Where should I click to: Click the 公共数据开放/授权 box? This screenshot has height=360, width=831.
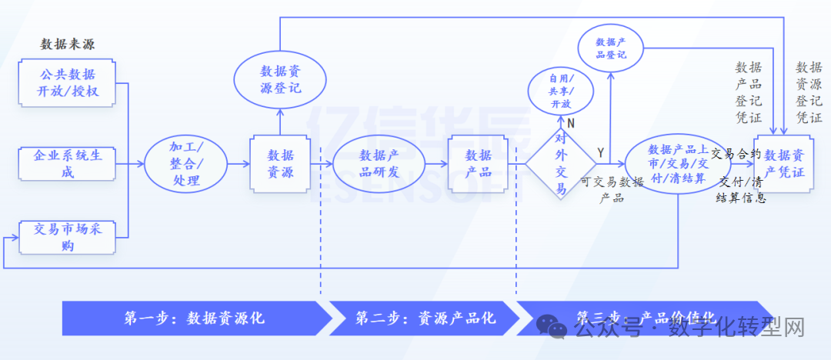coord(68,84)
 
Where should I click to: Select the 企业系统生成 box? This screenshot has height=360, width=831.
coord(68,163)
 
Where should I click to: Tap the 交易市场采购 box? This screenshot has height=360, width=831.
coord(68,236)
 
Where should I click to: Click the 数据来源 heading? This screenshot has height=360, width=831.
coord(68,44)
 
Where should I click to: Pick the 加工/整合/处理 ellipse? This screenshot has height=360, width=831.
coord(185,163)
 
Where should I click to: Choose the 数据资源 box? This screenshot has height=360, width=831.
coord(279,163)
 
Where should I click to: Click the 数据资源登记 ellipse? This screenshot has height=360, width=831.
coord(279,79)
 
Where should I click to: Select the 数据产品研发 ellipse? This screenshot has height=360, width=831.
coord(379,163)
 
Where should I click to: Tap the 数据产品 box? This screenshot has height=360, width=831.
coord(479,163)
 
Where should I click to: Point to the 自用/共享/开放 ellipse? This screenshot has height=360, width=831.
coord(561,92)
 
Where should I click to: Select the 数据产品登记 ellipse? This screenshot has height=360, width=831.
coord(611,48)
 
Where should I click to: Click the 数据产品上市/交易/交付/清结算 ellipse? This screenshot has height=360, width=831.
coord(677,163)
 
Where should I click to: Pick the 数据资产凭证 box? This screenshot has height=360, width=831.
coord(784,163)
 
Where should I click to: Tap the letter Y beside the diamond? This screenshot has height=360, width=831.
coord(601,153)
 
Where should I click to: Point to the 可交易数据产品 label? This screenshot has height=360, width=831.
coord(612,189)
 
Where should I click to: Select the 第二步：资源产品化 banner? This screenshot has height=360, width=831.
coord(425,318)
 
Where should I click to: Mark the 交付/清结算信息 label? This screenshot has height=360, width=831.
coord(740,190)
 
